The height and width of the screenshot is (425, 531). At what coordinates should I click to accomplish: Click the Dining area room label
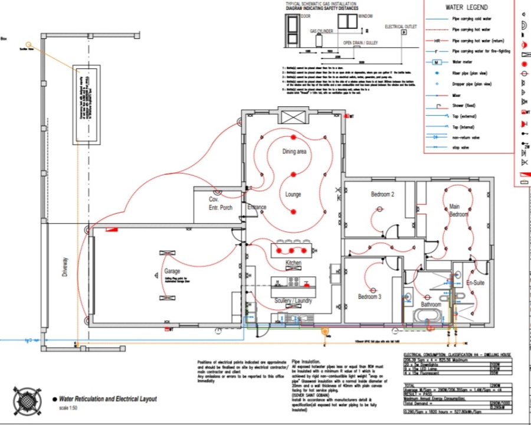(x=294, y=152)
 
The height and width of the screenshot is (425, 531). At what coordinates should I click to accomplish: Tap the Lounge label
(x=293, y=194)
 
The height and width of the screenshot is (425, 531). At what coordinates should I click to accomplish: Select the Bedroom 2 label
(x=382, y=194)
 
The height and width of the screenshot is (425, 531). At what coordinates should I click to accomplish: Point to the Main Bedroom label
(x=454, y=210)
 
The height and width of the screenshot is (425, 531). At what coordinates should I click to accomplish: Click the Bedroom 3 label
(x=370, y=296)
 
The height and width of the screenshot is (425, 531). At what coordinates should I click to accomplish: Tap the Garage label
(x=172, y=272)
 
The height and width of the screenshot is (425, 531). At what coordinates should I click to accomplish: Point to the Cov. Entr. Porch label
(x=220, y=204)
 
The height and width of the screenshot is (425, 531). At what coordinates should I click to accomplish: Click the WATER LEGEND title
(x=466, y=8)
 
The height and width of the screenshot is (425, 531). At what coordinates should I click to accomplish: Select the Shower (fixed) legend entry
(x=464, y=105)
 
